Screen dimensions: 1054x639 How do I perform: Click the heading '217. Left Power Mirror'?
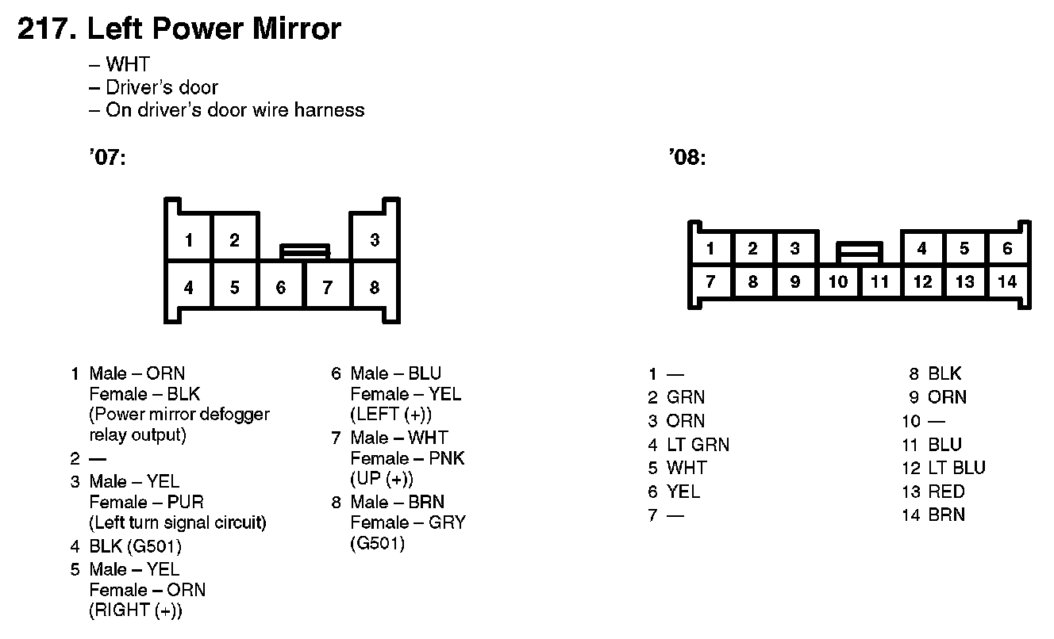[179, 29]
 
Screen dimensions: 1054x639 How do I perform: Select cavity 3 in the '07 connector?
[375, 239]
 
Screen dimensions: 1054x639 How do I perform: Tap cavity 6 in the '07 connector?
[281, 287]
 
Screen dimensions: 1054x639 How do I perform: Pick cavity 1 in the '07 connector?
[188, 239]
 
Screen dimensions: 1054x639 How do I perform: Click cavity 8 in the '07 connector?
[375, 287]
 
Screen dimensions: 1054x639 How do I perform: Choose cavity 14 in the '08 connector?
[1007, 281]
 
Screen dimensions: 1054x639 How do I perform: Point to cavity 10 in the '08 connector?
[837, 281]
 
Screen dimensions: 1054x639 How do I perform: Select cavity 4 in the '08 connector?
[921, 248]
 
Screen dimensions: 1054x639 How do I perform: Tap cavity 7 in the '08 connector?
[710, 281]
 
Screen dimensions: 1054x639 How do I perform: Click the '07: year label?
[107, 159]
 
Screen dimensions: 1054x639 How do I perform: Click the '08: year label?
[687, 159]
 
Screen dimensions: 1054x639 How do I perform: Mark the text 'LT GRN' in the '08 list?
[698, 445]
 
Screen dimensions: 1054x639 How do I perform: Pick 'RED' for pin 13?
[946, 492]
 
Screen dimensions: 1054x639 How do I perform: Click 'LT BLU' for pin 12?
[956, 468]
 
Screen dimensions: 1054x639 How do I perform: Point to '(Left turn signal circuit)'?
[178, 523]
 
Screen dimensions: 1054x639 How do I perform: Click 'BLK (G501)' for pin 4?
[136, 546]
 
